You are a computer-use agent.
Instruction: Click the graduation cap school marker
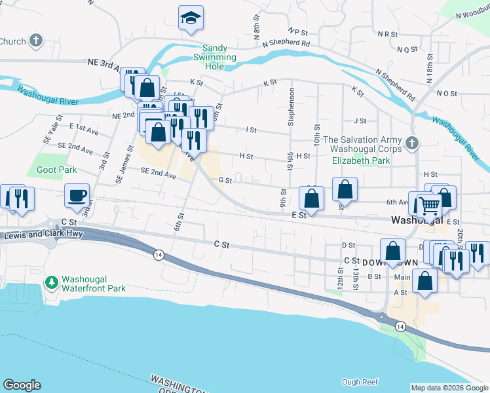click(191, 18)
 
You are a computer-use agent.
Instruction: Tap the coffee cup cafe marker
click(77, 195)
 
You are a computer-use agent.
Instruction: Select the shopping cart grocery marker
click(430, 206)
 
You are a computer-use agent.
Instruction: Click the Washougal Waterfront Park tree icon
click(51, 282)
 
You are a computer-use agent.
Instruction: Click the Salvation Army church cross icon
click(411, 143)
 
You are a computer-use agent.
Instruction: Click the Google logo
click(22, 385)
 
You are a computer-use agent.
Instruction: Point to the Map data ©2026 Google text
click(449, 388)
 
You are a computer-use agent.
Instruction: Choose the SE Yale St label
click(48, 122)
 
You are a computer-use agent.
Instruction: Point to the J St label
click(359, 121)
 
